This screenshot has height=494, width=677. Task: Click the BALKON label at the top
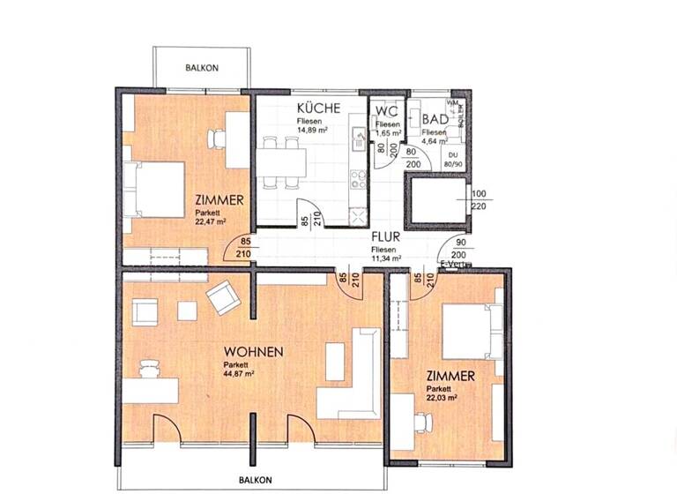(x=202, y=68)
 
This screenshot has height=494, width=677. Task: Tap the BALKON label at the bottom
(x=254, y=480)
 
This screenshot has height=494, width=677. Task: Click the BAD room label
(x=434, y=119)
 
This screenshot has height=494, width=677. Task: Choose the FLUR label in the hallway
(x=386, y=237)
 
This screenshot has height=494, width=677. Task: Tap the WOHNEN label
(x=253, y=352)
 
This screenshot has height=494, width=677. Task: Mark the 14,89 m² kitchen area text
(x=312, y=130)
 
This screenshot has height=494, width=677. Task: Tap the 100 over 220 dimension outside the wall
(x=479, y=199)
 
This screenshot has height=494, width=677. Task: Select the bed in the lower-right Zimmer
(x=471, y=330)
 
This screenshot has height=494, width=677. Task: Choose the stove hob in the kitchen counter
(x=359, y=180)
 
